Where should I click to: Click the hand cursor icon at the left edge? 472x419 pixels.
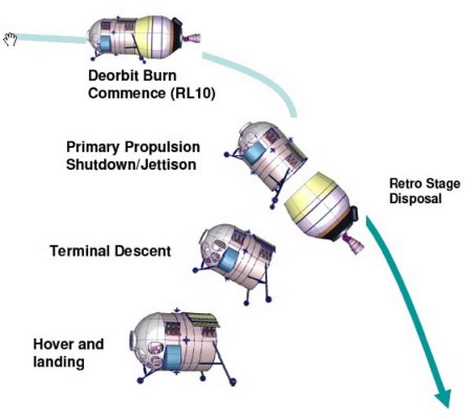coord(9,39)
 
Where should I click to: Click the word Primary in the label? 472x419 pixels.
coord(92,147)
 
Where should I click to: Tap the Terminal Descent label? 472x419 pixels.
coord(109,252)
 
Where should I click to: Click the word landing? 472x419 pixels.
coord(58,362)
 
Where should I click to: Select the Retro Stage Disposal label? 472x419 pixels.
coord(415,191)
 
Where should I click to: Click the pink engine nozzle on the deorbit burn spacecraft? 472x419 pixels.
coord(193,38)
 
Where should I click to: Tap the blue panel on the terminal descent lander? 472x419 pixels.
coord(228,262)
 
